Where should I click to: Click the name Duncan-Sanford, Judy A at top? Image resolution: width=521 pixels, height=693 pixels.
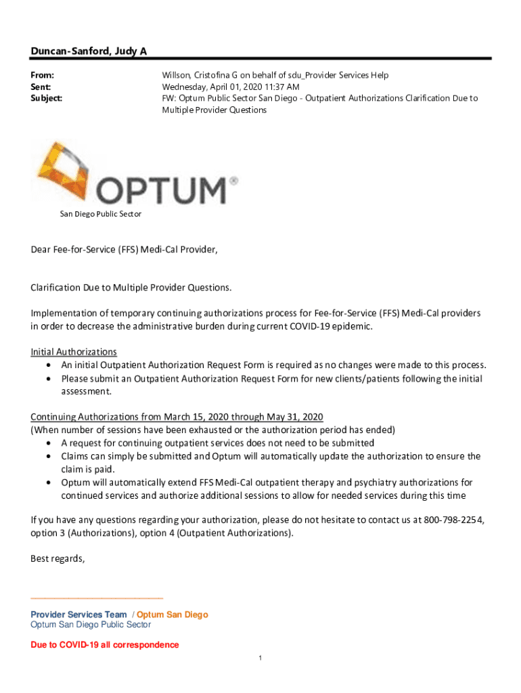(x=89, y=51)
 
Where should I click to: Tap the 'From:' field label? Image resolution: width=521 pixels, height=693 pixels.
(x=43, y=75)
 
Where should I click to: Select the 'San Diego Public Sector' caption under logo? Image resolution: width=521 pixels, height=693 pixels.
(x=101, y=214)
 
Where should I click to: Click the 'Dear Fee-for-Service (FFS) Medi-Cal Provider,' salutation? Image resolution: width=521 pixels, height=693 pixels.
(x=124, y=250)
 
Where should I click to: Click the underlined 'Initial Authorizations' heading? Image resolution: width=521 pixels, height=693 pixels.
(x=74, y=352)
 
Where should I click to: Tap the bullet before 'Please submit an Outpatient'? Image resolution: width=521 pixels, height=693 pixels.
(x=51, y=379)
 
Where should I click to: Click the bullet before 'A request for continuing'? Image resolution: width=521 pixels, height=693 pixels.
(x=51, y=443)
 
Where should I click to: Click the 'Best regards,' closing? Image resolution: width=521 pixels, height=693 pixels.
(x=58, y=558)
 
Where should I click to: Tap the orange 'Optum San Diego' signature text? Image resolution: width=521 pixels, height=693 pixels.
(x=173, y=614)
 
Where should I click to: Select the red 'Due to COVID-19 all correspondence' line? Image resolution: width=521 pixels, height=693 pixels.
(x=105, y=645)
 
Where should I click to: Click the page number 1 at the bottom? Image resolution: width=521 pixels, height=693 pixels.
(x=260, y=658)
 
